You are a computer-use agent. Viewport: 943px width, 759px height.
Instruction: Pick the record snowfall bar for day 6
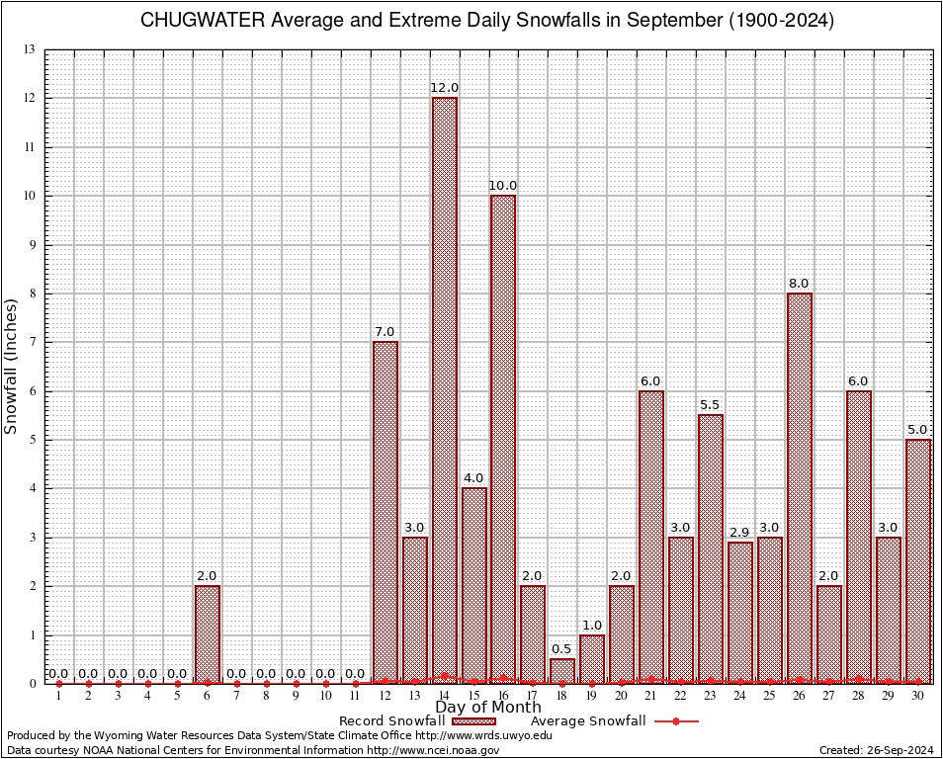tap(208, 633)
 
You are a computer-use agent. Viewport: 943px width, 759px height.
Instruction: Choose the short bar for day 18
tap(562, 670)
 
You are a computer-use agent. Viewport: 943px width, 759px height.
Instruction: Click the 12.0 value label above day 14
tap(444, 89)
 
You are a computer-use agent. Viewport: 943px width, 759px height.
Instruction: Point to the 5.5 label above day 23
tap(711, 405)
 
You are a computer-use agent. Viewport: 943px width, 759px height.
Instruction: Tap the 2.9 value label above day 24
tap(740, 533)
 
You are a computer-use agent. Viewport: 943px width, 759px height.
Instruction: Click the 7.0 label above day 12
tap(385, 332)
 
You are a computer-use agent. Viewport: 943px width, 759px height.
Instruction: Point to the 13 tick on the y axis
tap(30, 49)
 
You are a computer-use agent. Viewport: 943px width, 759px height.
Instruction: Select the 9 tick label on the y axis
tap(33, 244)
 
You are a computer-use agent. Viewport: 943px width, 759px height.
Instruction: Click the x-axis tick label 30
tap(918, 696)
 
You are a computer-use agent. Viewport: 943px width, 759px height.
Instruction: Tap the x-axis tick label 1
tap(59, 696)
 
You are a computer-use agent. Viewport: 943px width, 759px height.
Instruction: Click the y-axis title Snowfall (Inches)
tap(12, 366)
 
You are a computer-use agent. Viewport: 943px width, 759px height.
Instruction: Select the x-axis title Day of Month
tap(487, 708)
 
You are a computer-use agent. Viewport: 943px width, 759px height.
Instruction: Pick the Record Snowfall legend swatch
tap(472, 721)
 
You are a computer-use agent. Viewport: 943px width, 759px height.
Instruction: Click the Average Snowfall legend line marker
tap(675, 721)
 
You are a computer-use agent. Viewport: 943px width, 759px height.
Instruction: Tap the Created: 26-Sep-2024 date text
tap(877, 751)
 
